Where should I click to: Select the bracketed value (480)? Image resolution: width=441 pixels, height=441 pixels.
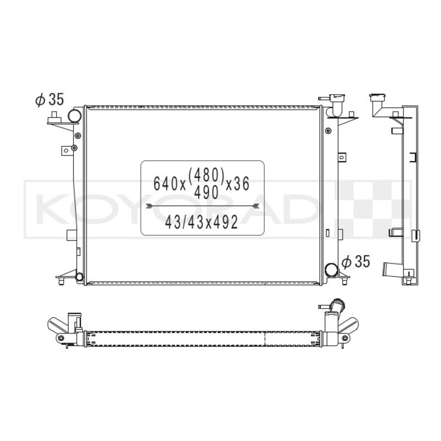(x=206, y=175)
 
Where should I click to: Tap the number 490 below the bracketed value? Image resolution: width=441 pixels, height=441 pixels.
(x=206, y=193)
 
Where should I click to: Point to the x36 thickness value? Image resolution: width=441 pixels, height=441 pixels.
(x=238, y=184)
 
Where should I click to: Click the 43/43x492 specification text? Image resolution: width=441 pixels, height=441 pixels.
(x=202, y=222)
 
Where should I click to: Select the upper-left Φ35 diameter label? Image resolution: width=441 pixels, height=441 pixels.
(x=50, y=99)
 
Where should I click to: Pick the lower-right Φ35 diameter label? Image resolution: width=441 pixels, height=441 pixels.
(x=356, y=261)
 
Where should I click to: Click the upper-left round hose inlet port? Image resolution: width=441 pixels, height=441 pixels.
(x=74, y=116)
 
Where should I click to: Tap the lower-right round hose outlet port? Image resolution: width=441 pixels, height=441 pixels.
(x=331, y=270)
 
